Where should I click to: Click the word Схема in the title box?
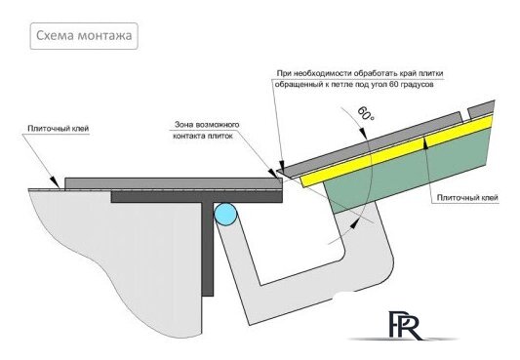pyautogui.click(x=55, y=37)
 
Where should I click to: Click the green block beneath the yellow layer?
pyautogui.click(x=410, y=180)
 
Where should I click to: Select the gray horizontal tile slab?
pyautogui.click(x=166, y=182)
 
